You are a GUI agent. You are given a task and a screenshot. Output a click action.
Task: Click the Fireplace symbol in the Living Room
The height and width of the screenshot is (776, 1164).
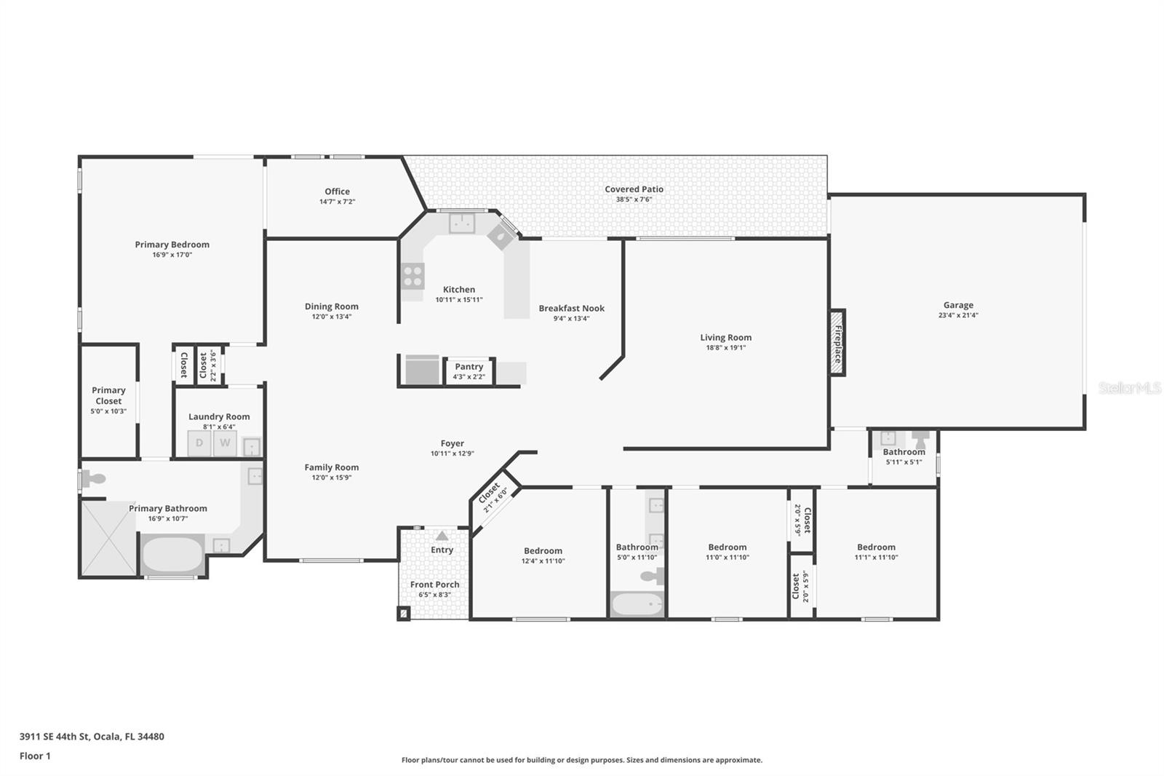coord(837,342)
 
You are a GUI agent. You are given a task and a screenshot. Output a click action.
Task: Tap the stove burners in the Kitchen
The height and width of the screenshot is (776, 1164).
coord(412,276)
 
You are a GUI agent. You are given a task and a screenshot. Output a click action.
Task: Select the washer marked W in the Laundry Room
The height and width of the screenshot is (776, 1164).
coord(225,443)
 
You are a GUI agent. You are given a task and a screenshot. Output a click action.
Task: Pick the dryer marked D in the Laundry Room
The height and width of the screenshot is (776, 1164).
coord(199,443)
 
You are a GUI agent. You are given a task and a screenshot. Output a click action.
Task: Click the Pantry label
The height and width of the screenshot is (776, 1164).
coord(469,367)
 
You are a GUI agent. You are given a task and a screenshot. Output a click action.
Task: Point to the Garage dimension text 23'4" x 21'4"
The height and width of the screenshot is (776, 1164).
coord(958,315)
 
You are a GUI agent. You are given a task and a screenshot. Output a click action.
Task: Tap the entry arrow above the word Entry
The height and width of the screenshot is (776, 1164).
coord(442,536)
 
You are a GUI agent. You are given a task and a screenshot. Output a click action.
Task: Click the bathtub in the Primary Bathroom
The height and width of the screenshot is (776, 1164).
coord(172,555)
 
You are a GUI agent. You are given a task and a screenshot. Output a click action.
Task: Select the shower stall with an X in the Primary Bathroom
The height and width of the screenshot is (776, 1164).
coord(108,538)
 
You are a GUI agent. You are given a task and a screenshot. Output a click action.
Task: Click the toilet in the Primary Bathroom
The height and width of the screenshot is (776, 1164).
coord(93,480)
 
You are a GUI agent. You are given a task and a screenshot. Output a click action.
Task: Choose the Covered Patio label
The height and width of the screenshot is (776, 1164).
coord(634,189)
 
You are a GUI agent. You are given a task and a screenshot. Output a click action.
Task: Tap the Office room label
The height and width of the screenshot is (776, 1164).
coord(337,191)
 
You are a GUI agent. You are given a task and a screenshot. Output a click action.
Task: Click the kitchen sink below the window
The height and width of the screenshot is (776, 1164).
coord(461,223)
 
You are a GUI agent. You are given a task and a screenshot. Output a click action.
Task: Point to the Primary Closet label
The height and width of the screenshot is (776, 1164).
coord(108,395)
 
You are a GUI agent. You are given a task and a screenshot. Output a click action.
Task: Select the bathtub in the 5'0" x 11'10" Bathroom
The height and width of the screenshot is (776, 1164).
coord(637,604)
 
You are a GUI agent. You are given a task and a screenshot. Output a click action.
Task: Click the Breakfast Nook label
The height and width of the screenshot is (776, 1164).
coord(571,308)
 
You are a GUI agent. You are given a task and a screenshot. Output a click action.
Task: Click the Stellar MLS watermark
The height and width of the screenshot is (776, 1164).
coord(1129,388)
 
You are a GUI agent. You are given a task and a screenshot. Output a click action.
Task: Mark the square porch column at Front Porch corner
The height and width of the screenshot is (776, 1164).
coord(404,613)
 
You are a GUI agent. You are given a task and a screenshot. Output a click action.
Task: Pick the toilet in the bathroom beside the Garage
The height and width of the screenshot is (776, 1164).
coord(921,439)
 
